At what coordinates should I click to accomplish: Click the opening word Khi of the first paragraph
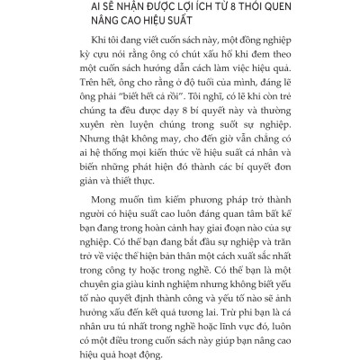click(x=89, y=49)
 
